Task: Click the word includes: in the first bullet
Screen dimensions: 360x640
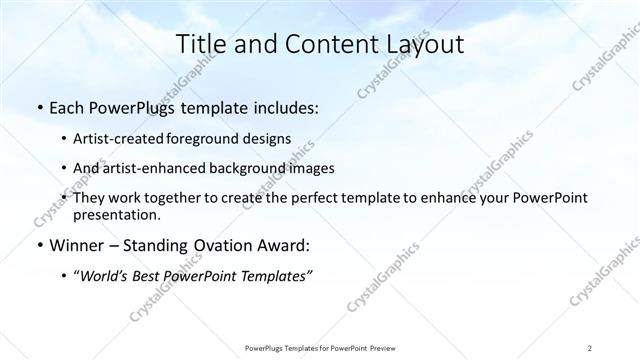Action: (283, 106)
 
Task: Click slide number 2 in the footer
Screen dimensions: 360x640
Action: (590, 347)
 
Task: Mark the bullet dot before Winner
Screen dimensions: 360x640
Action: (38, 245)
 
